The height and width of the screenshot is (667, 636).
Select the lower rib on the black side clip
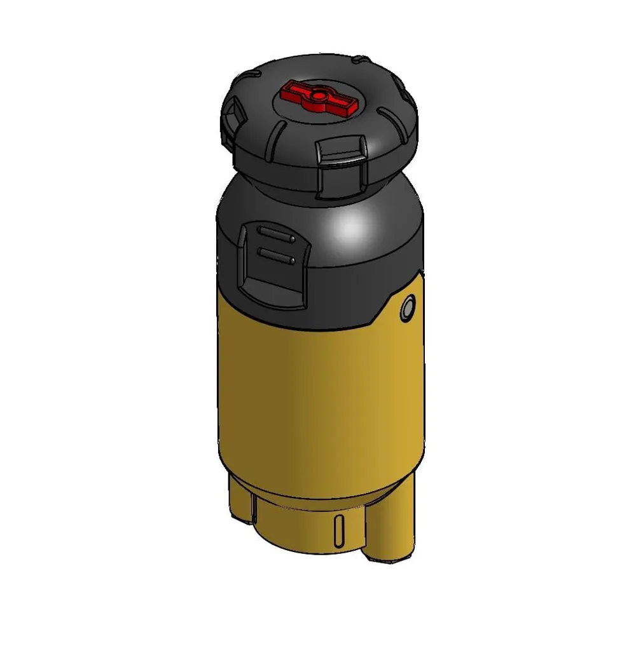pyautogui.click(x=275, y=256)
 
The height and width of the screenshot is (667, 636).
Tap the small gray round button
pyautogui.click(x=407, y=309)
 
